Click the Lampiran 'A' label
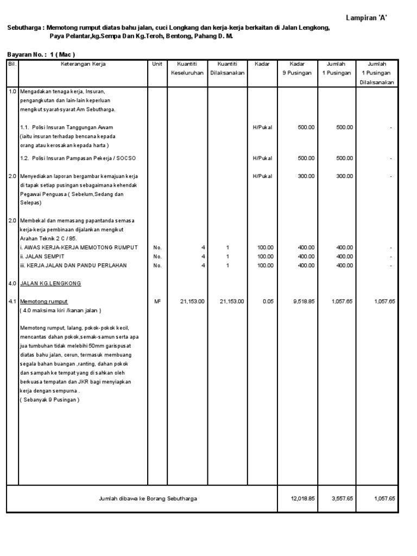tap(367, 18)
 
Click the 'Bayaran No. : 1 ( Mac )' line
tap(41, 54)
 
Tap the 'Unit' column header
tap(157, 64)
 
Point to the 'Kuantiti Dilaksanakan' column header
tap(228, 68)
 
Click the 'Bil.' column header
tap(12, 64)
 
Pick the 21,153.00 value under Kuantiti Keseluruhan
tap(192, 301)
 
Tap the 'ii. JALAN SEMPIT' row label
tap(42, 256)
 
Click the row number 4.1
tap(12, 301)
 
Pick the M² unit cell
tap(157, 301)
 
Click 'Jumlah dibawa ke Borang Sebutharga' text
tap(148, 498)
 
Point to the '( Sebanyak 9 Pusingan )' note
tap(49, 400)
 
